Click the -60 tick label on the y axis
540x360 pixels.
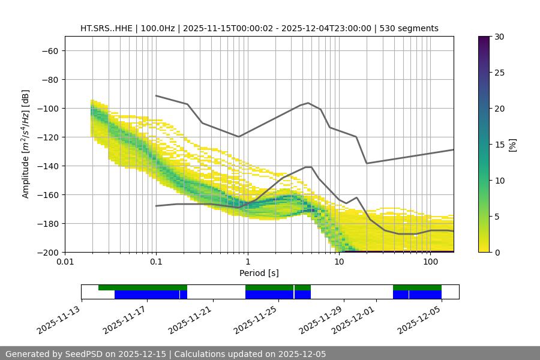pos(49,50)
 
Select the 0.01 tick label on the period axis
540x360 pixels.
pos(65,262)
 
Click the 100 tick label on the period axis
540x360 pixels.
pos(430,262)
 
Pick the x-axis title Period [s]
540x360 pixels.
pos(259,273)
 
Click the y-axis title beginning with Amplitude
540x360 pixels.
pos(26,144)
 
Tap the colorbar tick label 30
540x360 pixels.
pos(499,37)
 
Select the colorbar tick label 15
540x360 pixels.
pos(499,145)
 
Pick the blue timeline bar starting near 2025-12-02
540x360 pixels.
pos(417,295)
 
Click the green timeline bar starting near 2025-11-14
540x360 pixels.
pos(143,287)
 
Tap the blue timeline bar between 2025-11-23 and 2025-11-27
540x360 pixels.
pos(278,295)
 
